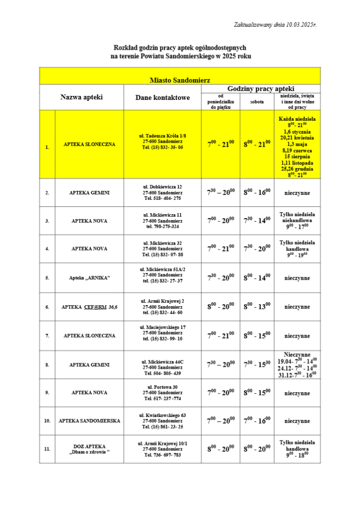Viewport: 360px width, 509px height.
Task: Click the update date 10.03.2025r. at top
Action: pyautogui.click(x=274, y=25)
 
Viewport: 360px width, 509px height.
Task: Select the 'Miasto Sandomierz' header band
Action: pyautogui.click(x=180, y=80)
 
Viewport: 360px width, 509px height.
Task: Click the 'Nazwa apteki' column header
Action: pyautogui.click(x=82, y=97)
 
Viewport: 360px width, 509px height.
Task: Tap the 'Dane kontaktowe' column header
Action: pyautogui.click(x=163, y=97)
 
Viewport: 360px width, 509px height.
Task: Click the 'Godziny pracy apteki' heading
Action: pyautogui.click(x=261, y=88)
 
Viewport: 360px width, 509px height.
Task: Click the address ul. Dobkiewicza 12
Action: pyautogui.click(x=163, y=192)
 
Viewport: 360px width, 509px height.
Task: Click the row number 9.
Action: pyautogui.click(x=47, y=393)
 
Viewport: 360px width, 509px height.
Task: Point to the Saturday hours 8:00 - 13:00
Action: pyautogui.click(x=257, y=307)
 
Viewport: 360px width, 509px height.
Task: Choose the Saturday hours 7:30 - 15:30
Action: pyautogui.click(x=257, y=364)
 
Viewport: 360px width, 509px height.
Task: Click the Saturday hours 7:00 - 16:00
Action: pyautogui.click(x=257, y=421)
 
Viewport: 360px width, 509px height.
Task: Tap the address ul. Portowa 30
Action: pyautogui.click(x=163, y=393)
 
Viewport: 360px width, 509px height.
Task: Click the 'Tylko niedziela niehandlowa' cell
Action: pyautogui.click(x=297, y=220)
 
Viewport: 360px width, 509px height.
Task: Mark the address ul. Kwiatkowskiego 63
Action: pyautogui.click(x=163, y=421)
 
